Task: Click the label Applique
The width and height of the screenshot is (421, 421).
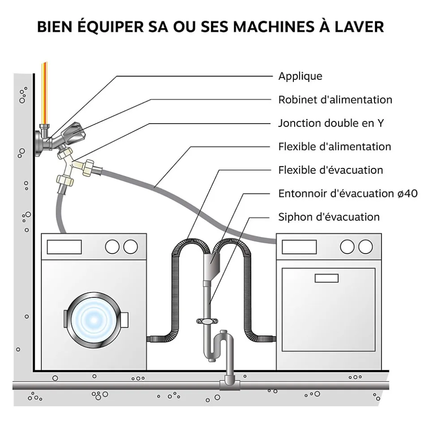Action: [300, 76]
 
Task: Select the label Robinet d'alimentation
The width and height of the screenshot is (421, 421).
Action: [335, 99]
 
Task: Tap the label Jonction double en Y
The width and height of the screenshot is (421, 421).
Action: [331, 123]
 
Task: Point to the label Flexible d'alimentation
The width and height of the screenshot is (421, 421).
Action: [334, 146]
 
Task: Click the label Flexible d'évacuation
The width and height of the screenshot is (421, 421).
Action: [331, 170]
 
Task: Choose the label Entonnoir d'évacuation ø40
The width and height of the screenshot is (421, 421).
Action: [348, 193]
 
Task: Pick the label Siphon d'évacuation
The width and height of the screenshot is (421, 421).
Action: [329, 217]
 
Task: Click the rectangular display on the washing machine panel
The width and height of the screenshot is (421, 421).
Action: [64, 247]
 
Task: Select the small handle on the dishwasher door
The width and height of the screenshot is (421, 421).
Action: [326, 278]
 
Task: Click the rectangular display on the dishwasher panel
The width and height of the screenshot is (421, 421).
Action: [299, 247]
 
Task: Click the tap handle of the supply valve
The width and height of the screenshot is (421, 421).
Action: [72, 133]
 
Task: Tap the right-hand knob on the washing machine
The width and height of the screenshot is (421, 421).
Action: [130, 246]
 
